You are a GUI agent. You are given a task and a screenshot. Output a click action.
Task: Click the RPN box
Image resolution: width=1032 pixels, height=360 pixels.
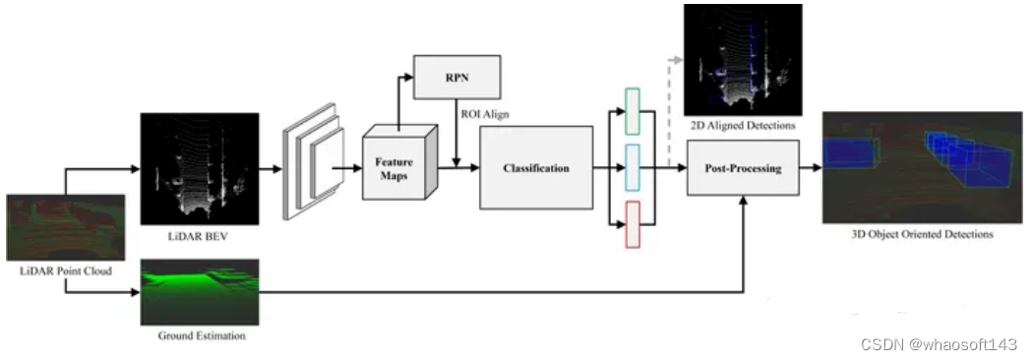click(456, 77)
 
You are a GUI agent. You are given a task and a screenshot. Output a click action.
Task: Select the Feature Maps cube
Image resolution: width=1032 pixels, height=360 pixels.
click(399, 162)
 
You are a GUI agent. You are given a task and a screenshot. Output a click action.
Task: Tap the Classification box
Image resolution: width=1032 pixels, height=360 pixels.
click(536, 168)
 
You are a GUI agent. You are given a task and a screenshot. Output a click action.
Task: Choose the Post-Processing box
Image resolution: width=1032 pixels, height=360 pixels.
click(743, 168)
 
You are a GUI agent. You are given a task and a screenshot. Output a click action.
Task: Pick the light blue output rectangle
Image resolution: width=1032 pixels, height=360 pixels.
click(632, 168)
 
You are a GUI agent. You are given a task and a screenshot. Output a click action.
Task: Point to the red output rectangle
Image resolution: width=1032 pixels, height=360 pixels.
click(632, 225)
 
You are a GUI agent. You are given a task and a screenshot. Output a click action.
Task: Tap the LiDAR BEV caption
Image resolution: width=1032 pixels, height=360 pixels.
click(200, 236)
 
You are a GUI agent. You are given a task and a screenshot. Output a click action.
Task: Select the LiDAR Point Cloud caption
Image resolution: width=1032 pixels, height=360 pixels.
click(65, 270)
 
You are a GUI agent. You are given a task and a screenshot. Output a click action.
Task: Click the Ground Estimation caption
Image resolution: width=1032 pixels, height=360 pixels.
click(202, 335)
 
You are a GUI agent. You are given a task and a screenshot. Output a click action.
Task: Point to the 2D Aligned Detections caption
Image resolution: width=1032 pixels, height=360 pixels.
click(743, 125)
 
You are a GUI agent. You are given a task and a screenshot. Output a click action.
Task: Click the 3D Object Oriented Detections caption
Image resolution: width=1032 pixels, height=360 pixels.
click(922, 234)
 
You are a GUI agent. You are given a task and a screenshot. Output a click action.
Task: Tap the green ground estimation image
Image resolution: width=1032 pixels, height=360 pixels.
click(200, 292)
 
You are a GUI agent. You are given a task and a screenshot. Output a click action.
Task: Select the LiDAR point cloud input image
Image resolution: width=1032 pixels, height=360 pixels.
click(65, 227)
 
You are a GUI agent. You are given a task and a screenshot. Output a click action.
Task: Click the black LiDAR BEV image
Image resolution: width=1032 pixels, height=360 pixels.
click(200, 169)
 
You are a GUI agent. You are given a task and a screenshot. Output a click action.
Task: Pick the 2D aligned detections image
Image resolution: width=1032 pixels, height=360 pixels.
click(743, 60)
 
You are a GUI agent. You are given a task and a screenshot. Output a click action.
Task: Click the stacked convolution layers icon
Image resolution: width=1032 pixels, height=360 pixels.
click(313, 161)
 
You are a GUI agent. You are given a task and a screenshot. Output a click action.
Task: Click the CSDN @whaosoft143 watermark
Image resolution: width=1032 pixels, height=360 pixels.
click(940, 344)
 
